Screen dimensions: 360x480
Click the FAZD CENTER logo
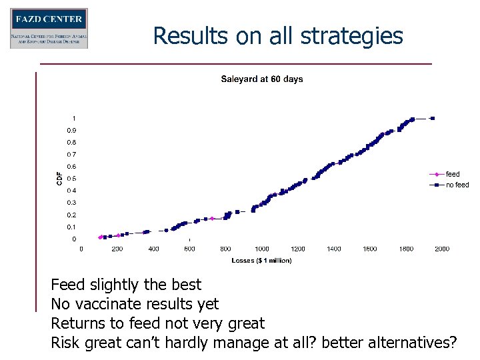point(49,28)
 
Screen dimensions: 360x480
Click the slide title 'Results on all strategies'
point(278,35)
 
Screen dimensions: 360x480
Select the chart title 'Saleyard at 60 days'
point(262,79)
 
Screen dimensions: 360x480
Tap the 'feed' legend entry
point(453,174)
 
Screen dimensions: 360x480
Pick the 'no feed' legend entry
point(457,185)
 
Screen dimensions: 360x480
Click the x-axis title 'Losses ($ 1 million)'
point(262,260)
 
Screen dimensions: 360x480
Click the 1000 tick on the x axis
point(262,249)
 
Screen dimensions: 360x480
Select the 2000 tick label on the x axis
point(442,249)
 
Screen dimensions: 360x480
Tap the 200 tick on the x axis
point(117,249)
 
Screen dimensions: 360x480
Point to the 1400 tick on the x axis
point(334,249)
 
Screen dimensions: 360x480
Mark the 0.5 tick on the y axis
point(71,179)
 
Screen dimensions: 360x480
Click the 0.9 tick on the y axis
point(71,130)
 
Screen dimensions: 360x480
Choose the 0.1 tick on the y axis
point(71,227)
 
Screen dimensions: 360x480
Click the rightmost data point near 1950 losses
point(433,119)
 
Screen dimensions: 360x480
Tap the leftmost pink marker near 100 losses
point(101,237)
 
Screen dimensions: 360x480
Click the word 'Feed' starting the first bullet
point(68,285)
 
